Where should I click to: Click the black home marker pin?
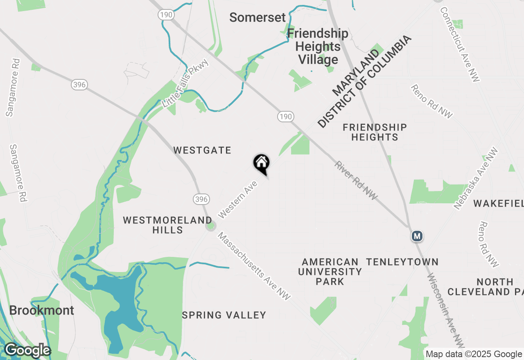(x=261, y=163)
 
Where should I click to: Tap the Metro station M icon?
(x=417, y=236)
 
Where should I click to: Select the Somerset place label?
(x=257, y=18)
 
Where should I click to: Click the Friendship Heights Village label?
(x=318, y=46)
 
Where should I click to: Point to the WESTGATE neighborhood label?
(x=202, y=151)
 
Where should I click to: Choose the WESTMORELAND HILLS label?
(x=167, y=225)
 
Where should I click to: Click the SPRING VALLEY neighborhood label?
(x=224, y=315)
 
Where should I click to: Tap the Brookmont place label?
(x=41, y=310)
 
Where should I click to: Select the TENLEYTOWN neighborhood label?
(x=402, y=262)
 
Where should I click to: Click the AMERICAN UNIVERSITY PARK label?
(x=330, y=271)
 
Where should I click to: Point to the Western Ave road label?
(x=238, y=199)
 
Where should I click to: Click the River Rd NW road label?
(x=356, y=181)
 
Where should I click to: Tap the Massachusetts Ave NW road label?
(x=253, y=266)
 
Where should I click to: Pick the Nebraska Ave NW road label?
(x=476, y=178)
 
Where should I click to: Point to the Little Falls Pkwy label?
(x=185, y=83)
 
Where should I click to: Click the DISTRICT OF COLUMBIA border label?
(x=364, y=82)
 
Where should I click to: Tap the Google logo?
(x=27, y=350)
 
